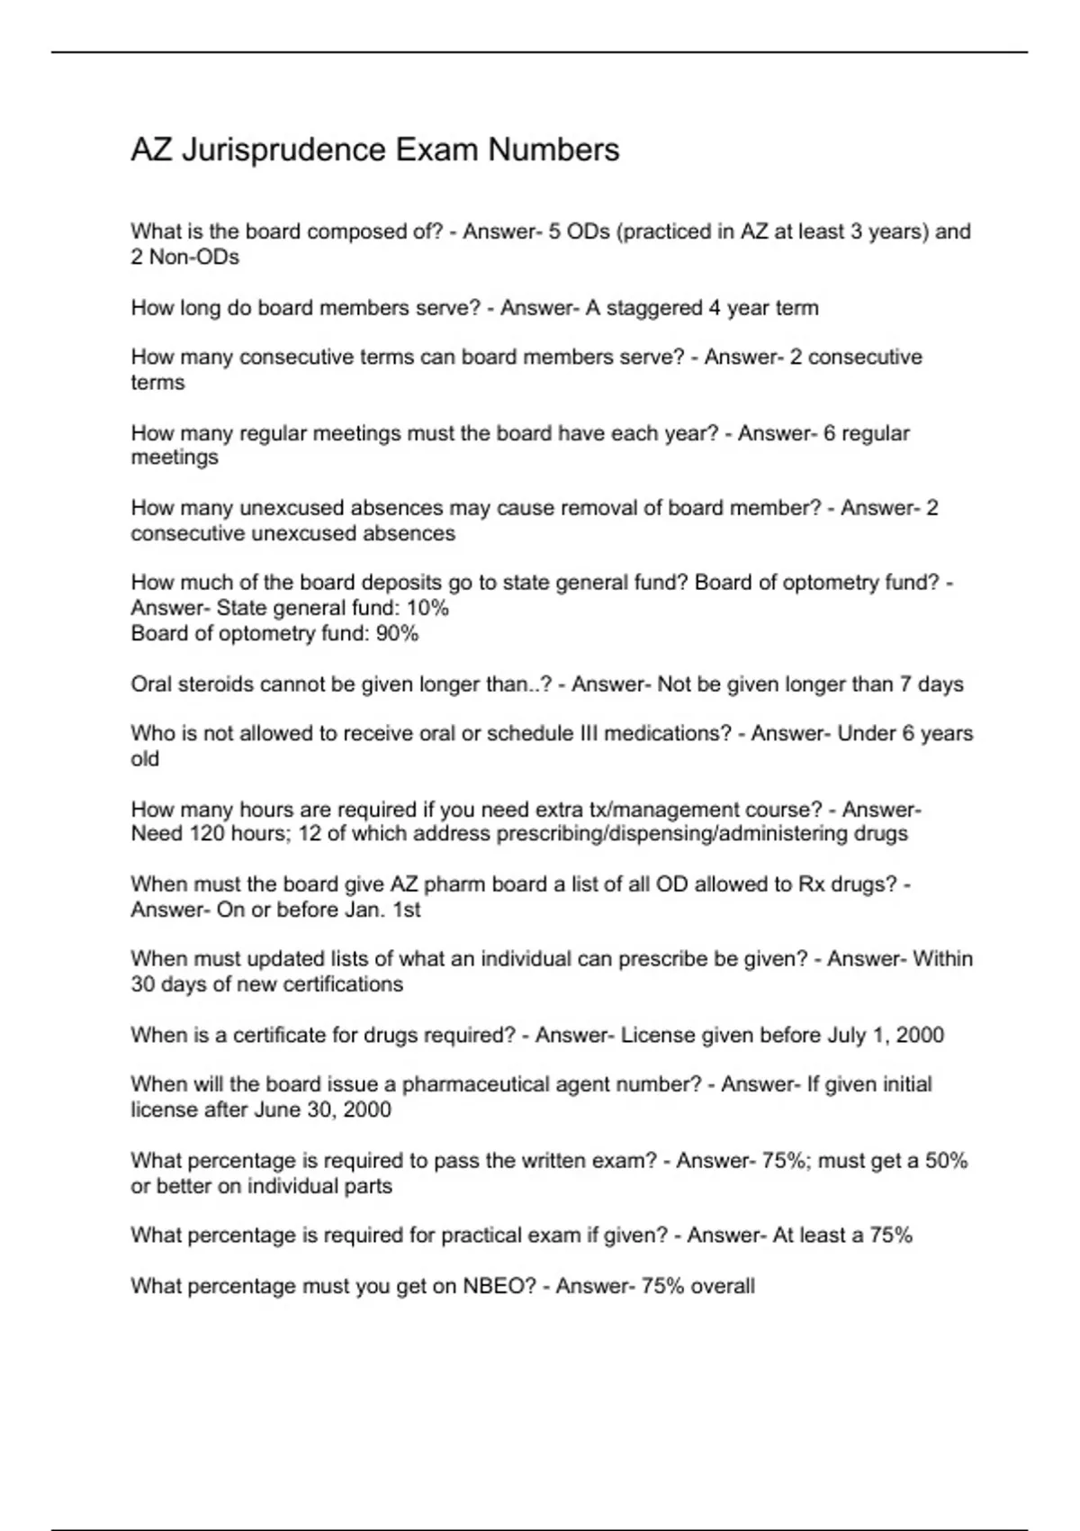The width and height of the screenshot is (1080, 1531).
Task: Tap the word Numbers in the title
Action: pos(553,149)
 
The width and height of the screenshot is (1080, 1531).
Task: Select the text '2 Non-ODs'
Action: pos(184,258)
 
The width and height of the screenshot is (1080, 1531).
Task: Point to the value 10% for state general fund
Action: pos(428,608)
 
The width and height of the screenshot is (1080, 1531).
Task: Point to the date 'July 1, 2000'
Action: pos(886,1035)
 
